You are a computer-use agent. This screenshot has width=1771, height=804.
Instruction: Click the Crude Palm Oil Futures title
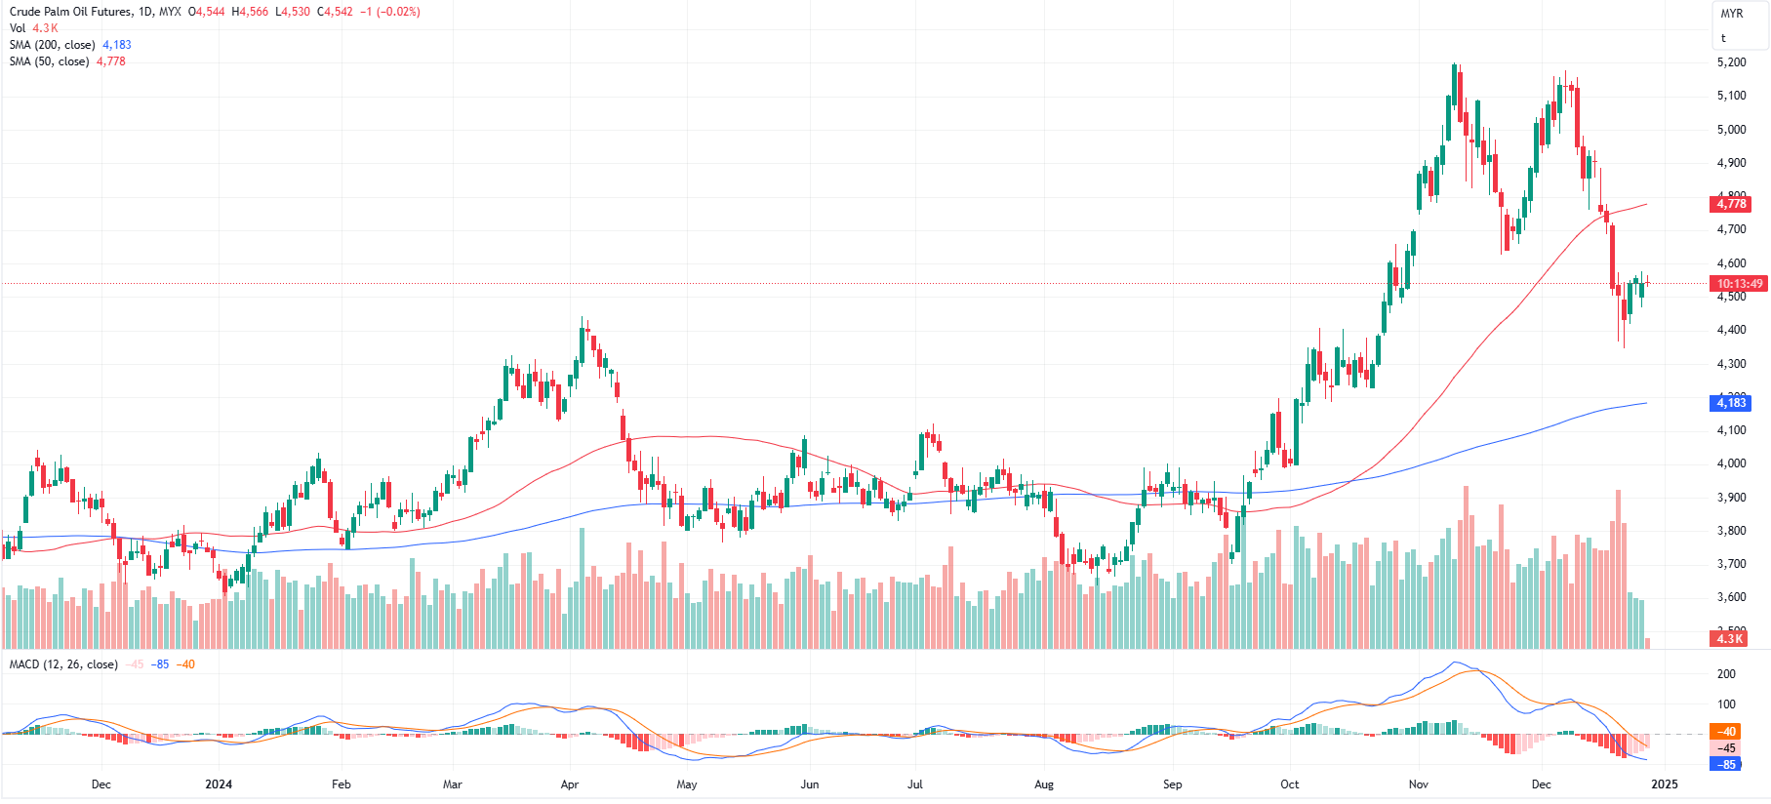(69, 12)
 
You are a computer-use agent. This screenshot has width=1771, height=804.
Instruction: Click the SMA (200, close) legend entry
(52, 45)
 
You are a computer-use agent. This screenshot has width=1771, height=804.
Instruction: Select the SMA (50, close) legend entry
(49, 61)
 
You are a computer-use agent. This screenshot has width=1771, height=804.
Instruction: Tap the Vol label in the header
(18, 28)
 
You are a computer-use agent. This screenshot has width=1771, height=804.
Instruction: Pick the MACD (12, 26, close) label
(63, 664)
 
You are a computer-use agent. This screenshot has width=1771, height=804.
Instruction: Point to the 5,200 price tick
(1731, 62)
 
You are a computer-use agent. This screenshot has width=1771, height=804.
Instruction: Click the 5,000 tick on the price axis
(1731, 130)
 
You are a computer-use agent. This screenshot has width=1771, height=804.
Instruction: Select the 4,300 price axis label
(1731, 364)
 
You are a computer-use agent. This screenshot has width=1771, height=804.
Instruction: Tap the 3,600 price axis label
(1731, 597)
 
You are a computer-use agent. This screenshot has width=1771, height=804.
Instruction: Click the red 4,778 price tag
(1731, 204)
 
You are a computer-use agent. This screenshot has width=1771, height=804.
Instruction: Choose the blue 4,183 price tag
(1731, 403)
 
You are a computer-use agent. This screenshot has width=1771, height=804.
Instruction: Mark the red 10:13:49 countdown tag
(1740, 284)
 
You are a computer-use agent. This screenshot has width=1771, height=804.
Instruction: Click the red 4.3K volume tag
(1729, 638)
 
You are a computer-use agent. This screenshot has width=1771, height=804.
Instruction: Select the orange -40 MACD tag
(1727, 732)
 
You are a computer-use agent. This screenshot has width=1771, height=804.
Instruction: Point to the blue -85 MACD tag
(1727, 765)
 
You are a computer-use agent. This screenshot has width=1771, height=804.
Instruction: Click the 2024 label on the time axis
(219, 784)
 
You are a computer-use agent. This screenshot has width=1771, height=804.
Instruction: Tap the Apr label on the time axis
(570, 784)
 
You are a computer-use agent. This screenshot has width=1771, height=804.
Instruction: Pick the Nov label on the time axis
(1419, 784)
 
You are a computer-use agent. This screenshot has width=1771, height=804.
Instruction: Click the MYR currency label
(1731, 14)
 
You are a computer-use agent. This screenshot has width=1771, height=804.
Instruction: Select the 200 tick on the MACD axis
(1726, 674)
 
